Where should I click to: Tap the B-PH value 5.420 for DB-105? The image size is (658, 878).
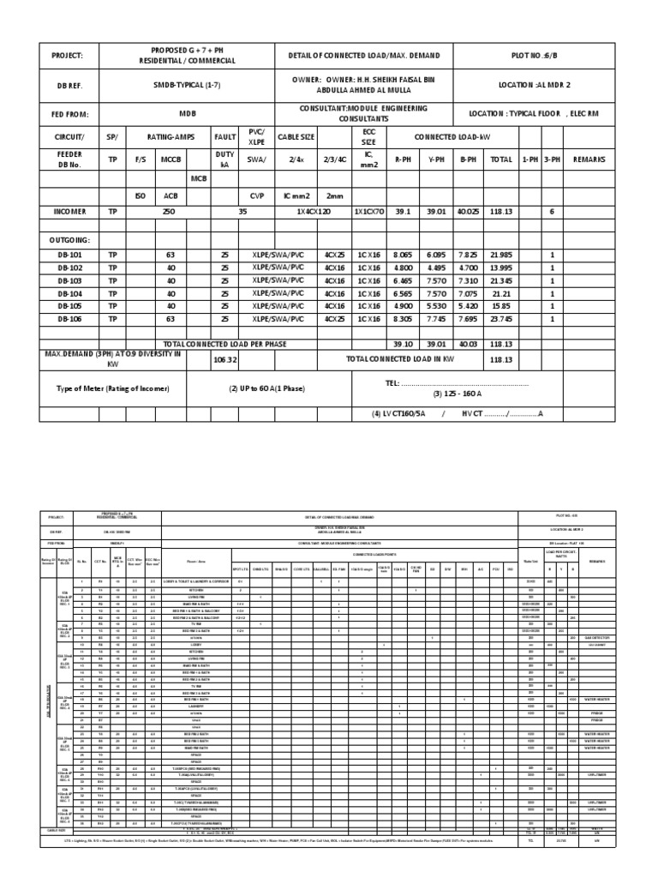coord(468,305)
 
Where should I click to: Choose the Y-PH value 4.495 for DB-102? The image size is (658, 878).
coord(435,268)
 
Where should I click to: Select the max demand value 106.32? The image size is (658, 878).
coord(225,360)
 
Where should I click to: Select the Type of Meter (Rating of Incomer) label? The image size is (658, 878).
coord(113,388)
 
